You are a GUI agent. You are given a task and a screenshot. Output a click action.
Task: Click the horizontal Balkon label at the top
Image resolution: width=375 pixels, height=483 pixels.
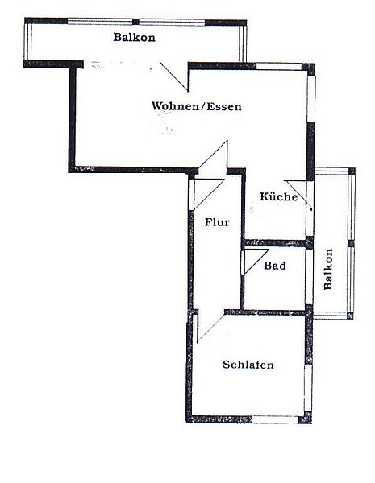(134, 37)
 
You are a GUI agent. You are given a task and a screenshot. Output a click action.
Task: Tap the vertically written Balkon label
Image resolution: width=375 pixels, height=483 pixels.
(328, 269)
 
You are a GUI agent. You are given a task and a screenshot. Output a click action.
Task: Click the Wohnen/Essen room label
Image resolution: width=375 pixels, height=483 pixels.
(196, 106)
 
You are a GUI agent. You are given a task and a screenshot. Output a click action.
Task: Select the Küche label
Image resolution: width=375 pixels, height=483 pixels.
(279, 196)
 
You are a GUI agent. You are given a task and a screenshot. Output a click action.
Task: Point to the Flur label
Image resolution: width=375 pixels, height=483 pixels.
(217, 222)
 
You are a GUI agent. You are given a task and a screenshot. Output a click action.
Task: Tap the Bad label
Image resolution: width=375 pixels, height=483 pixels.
(275, 266)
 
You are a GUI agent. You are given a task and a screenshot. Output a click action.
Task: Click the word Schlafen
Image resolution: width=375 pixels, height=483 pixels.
(248, 365)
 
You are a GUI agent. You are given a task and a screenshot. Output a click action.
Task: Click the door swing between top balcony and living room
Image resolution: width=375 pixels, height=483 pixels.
(174, 76)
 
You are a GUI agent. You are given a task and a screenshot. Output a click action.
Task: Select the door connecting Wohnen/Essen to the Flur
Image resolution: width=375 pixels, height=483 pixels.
(213, 157)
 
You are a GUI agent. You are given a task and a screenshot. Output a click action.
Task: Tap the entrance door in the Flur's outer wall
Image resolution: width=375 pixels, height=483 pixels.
(207, 193)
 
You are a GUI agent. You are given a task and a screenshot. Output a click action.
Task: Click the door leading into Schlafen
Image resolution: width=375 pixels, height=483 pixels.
(210, 328)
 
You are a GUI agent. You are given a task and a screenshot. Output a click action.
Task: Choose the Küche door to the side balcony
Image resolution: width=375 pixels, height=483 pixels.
(298, 196)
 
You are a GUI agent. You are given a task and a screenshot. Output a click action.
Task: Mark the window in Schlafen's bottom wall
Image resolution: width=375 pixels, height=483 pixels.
(275, 420)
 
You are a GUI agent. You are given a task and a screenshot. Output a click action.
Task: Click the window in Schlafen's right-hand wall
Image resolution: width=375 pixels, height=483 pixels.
(308, 388)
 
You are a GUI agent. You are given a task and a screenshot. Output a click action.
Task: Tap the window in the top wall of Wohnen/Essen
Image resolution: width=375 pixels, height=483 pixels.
(279, 66)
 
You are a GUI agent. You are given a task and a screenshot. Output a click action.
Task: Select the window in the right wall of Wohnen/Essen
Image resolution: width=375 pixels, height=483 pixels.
(311, 98)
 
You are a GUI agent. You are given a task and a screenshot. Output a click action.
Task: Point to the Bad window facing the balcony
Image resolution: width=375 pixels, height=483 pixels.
(309, 276)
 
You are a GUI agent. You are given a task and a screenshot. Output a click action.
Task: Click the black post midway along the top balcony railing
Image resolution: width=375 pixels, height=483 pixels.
(135, 22)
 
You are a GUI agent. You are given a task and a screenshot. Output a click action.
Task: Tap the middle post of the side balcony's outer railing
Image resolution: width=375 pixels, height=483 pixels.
(351, 244)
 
